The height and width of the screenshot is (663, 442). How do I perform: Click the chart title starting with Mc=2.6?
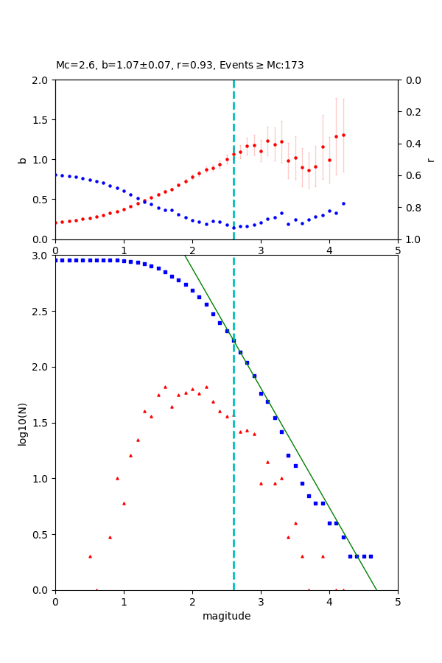(x=180, y=66)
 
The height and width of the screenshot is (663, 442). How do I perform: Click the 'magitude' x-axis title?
(x=226, y=616)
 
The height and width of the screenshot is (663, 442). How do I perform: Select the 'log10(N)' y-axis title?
(x=22, y=422)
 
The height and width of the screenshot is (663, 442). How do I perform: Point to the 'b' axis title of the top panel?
(x=22, y=159)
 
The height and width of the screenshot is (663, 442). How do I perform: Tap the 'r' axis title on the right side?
(x=430, y=159)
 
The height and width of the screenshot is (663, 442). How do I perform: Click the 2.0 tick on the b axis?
(x=42, y=80)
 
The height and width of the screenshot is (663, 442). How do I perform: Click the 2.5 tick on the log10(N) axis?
(x=42, y=311)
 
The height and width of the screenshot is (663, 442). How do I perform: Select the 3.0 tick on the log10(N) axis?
(x=42, y=256)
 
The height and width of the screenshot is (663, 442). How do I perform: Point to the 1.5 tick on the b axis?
(x=42, y=119)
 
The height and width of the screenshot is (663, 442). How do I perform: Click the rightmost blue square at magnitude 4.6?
(x=371, y=556)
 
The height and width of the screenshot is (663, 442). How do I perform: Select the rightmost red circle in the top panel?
(x=343, y=135)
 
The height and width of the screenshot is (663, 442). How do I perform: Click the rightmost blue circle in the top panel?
(x=343, y=203)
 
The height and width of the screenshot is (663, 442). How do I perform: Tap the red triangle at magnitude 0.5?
(x=90, y=556)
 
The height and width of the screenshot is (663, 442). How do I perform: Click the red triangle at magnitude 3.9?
(x=323, y=556)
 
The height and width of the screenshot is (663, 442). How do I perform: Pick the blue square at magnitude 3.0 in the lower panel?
(x=261, y=393)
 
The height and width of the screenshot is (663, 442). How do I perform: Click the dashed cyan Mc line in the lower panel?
(x=234, y=479)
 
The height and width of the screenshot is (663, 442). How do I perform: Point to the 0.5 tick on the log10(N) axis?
(x=42, y=534)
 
